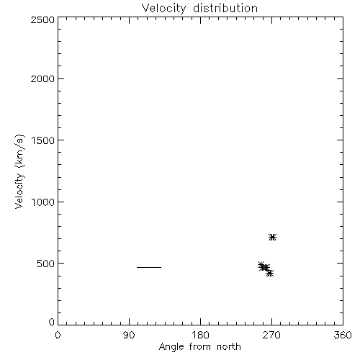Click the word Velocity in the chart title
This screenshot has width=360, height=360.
pos(164,9)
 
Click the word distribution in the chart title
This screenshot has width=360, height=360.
pos(225,8)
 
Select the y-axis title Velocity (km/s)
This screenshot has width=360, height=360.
pos(19,171)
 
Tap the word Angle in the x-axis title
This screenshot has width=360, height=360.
pos(171,347)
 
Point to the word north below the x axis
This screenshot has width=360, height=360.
pos(229,346)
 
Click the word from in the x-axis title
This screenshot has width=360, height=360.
pos(200,346)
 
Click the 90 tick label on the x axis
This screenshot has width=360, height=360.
pos(129,335)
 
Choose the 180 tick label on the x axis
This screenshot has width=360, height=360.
pos(200,335)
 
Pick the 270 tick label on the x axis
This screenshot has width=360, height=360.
pos(271,335)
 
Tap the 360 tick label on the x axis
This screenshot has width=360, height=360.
pos(343,335)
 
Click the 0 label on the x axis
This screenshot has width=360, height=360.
pos(58,335)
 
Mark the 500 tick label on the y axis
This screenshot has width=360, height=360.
pos(45,264)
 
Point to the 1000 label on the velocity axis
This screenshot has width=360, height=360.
pos(43,202)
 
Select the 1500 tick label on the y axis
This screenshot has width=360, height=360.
pos(43,140)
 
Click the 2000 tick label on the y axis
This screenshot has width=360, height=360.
pos(42,79)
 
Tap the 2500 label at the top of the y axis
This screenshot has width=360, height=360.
pos(42,19)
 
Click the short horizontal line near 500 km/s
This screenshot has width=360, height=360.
pos(149,267)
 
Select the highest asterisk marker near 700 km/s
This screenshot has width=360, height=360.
pos(272,238)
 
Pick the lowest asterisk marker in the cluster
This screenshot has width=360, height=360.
pos(270,273)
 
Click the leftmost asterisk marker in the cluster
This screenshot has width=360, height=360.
pos(261,265)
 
